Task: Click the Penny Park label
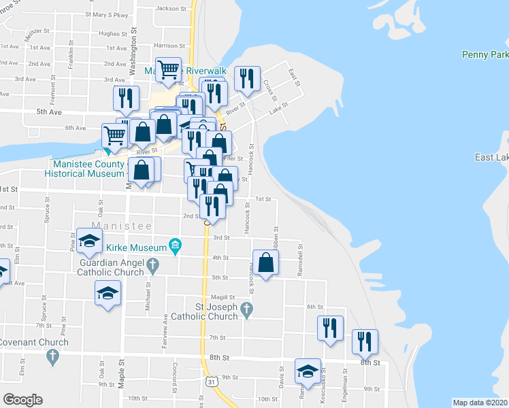[x=485, y=54]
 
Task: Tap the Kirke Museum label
[x=139, y=247]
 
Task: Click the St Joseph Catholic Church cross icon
[x=247, y=310]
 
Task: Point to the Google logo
[x=22, y=400]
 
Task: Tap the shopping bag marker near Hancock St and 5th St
[x=266, y=262]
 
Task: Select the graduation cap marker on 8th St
[x=308, y=372]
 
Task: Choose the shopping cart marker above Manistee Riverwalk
[x=169, y=69]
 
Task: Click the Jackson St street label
[x=171, y=9]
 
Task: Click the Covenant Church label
[x=34, y=342]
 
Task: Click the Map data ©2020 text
[x=480, y=403]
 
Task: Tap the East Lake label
[x=491, y=158]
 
